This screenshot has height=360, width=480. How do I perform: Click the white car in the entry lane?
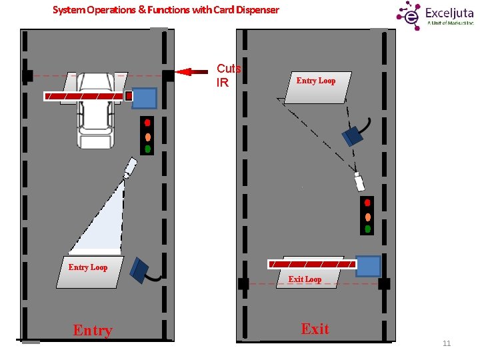pos(95,113)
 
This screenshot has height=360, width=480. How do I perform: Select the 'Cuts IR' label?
pos(228,75)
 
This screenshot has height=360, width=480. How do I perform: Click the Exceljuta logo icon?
pos(409,14)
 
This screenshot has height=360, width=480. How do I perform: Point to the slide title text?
pos(165,10)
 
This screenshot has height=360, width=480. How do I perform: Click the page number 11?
pos(447,343)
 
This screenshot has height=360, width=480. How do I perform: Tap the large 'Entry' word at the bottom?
pos(93,330)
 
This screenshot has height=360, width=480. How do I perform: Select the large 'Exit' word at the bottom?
pos(315,329)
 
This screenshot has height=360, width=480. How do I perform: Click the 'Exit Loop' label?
pos(305,279)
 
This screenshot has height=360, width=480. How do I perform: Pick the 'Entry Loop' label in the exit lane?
pos(316,81)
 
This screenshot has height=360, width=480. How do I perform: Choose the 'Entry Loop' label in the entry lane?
pos(88,267)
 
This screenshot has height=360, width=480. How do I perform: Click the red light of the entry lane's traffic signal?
pos(147,123)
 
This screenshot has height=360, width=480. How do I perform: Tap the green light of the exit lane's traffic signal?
pos(367,229)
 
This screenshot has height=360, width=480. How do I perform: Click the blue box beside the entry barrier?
pos(144,99)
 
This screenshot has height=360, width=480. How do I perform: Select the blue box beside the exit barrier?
pos(368,266)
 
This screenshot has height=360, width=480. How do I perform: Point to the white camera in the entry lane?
pos(129,167)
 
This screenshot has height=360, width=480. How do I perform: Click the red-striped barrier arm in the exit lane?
pos(311,264)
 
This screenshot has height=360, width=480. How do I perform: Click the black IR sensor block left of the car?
pos(27,76)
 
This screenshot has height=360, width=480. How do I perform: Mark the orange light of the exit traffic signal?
pos(367,216)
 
